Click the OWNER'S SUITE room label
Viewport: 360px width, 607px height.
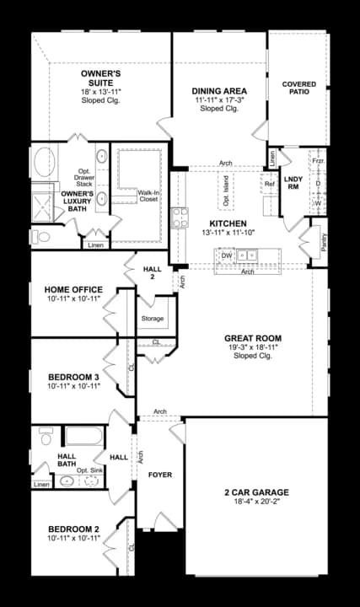(x=100, y=74)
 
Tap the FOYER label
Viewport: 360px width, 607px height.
(x=160, y=475)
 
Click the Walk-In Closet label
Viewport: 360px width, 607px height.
(x=148, y=196)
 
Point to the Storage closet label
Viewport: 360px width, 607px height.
(x=153, y=319)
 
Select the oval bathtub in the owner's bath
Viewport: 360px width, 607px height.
(x=41, y=161)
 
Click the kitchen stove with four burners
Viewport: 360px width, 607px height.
(x=180, y=218)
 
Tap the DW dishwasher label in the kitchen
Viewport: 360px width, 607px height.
(x=226, y=255)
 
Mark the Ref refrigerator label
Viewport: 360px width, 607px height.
(x=269, y=184)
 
